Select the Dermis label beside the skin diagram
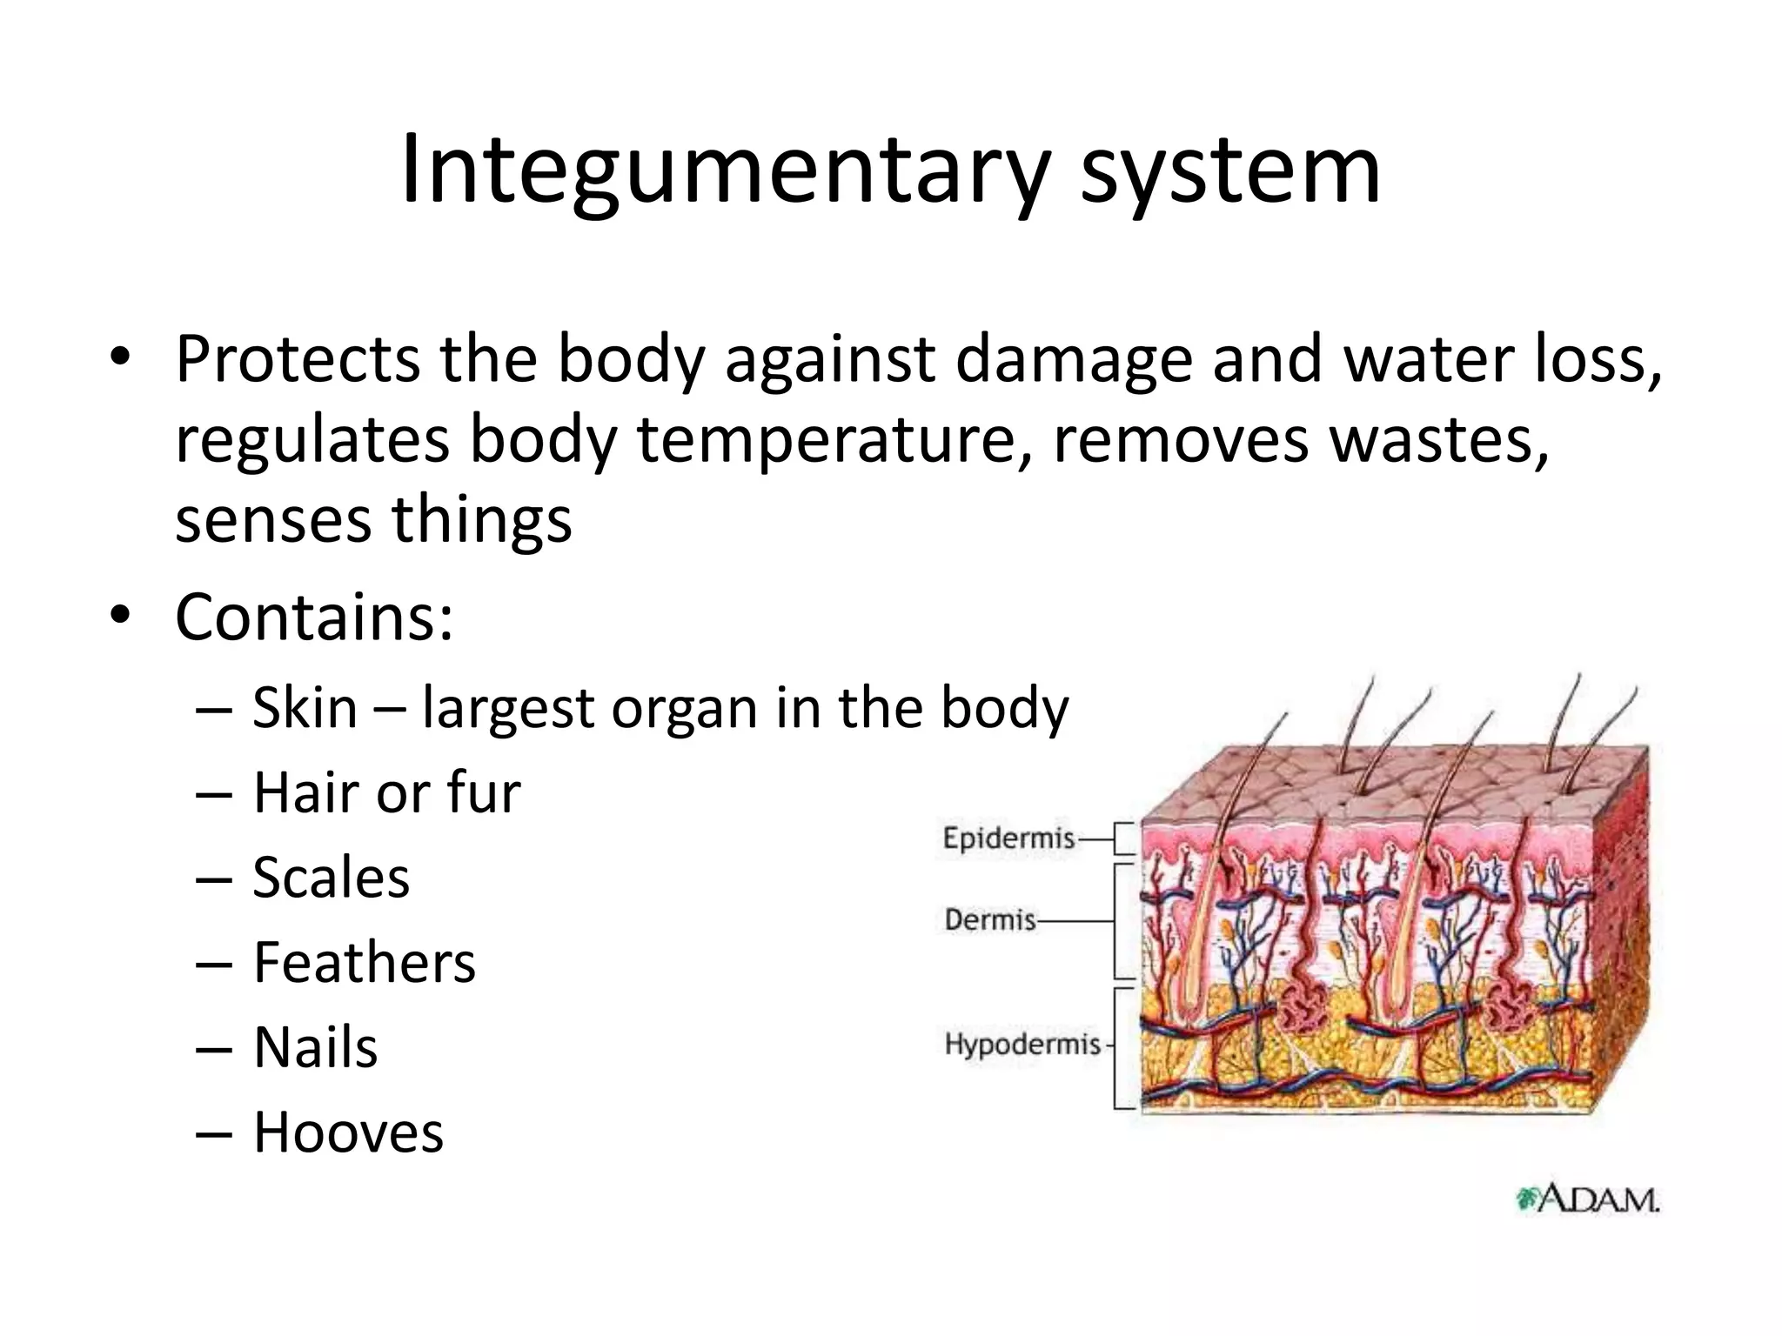(x=990, y=919)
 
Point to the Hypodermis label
(x=1022, y=1044)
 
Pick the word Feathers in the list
(x=365, y=962)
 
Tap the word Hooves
(x=348, y=1132)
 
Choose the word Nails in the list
(x=315, y=1047)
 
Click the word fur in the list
(x=483, y=792)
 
